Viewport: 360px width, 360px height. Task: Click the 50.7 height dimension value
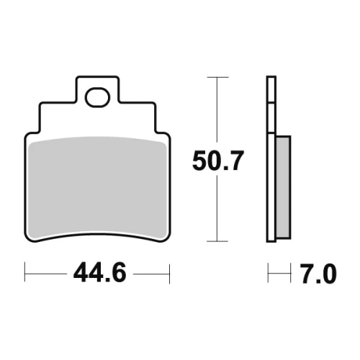pyautogui.click(x=218, y=161)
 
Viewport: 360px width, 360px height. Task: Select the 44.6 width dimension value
pyautogui.click(x=100, y=273)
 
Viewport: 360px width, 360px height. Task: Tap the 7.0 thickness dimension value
pyautogui.click(x=318, y=274)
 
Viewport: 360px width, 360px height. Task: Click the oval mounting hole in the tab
pyautogui.click(x=97, y=97)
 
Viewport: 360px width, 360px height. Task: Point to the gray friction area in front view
pyautogui.click(x=97, y=187)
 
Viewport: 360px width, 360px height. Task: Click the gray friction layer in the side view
pyautogui.click(x=283, y=187)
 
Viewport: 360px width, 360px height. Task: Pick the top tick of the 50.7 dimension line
pyautogui.click(x=217, y=77)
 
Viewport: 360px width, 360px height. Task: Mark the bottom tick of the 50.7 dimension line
pyautogui.click(x=217, y=241)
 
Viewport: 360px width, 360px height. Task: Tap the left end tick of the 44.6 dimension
pyautogui.click(x=24, y=272)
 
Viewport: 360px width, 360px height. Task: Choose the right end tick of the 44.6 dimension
pyautogui.click(x=170, y=274)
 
